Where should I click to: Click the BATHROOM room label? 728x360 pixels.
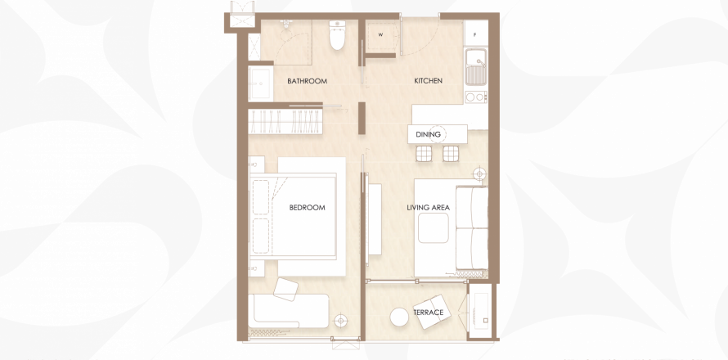[307, 81]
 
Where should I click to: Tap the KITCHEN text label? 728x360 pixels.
[428, 81]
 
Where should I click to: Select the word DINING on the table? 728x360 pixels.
[428, 135]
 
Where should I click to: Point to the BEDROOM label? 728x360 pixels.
[307, 208]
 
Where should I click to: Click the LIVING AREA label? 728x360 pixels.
[428, 208]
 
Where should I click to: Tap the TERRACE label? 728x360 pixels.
[429, 313]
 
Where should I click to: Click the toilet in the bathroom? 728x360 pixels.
[337, 35]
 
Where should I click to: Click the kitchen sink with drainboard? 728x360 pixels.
[476, 67]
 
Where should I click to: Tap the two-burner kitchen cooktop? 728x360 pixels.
[476, 97]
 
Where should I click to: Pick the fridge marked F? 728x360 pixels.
[475, 33]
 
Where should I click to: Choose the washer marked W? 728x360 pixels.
[380, 36]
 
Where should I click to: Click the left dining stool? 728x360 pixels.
[424, 153]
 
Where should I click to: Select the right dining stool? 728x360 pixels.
[451, 153]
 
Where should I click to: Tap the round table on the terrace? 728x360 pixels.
[399, 317]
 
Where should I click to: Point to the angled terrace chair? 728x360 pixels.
[433, 312]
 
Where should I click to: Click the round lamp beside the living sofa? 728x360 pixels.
[479, 174]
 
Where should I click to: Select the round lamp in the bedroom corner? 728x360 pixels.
[341, 321]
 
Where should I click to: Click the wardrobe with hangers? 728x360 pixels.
[285, 122]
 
